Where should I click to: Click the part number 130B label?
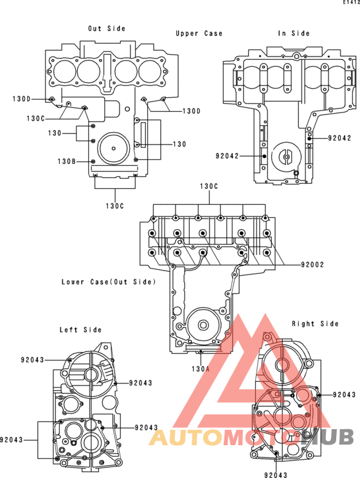click(x=66, y=161)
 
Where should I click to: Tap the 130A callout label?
click(x=201, y=369)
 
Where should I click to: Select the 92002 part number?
click(x=312, y=265)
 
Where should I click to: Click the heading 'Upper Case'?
click(x=199, y=33)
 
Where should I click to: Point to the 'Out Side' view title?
click(x=107, y=28)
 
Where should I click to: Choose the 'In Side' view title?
click(x=294, y=33)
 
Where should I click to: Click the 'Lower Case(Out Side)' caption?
click(x=109, y=282)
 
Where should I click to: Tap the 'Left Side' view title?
click(x=80, y=330)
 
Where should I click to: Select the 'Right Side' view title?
click(x=316, y=323)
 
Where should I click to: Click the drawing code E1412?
click(x=352, y=2)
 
